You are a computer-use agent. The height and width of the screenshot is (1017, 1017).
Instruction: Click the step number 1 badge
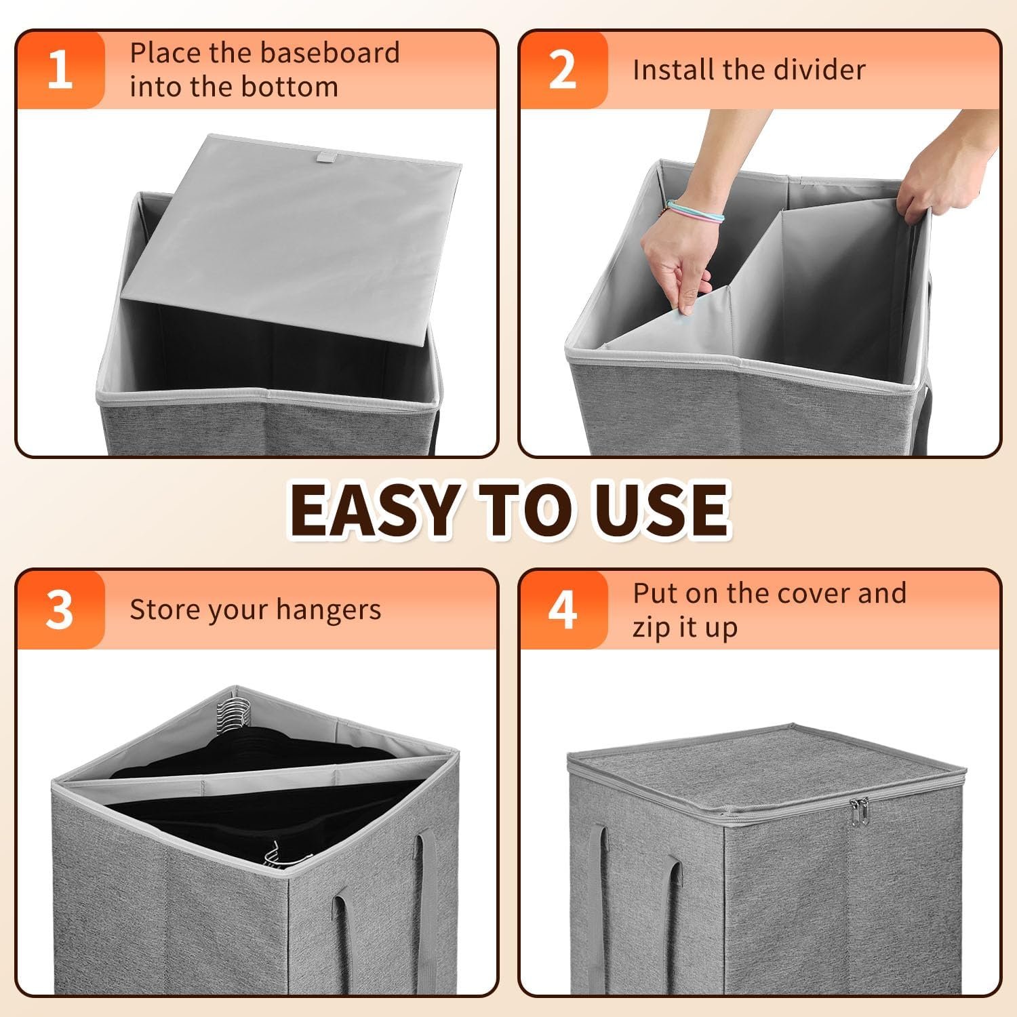pyautogui.click(x=60, y=70)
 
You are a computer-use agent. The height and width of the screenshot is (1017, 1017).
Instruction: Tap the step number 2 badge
pyautogui.click(x=563, y=70)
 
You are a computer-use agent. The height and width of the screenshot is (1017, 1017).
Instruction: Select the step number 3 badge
pyautogui.click(x=60, y=610)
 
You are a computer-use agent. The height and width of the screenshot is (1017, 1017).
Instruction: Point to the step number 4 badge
pyautogui.click(x=563, y=610)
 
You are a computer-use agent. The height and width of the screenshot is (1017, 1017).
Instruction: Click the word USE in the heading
pyautogui.click(x=657, y=509)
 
